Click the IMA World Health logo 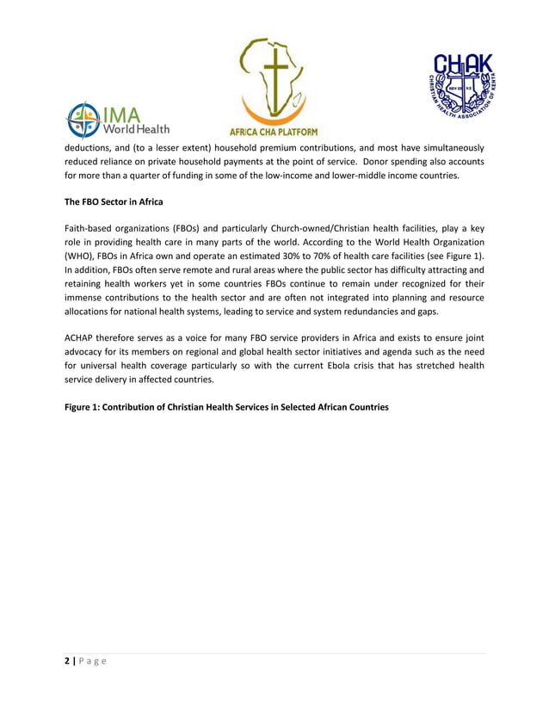[120, 120]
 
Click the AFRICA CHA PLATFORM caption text [273, 132]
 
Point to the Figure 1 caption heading [226, 407]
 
